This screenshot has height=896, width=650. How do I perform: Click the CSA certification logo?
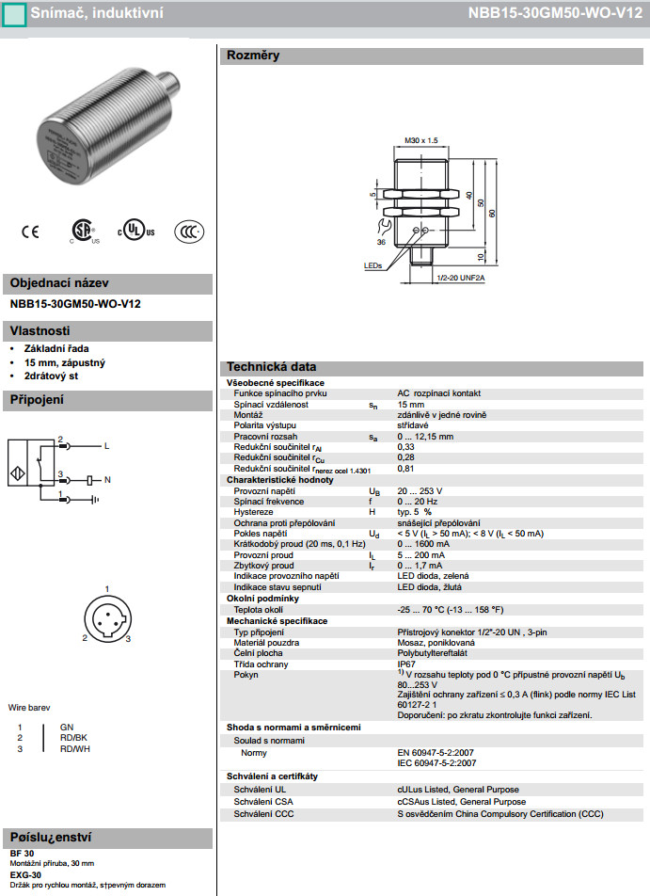click(x=83, y=232)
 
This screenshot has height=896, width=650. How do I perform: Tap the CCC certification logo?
click(x=189, y=232)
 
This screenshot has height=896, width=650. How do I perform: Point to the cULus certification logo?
click(x=135, y=232)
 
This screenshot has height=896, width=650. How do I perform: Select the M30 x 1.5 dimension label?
click(x=421, y=140)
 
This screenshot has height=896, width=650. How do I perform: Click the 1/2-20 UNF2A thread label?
click(x=460, y=279)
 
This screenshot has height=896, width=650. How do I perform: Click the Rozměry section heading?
click(x=253, y=56)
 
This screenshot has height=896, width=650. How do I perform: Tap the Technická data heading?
click(x=271, y=367)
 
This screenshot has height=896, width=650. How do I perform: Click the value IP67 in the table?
click(x=407, y=664)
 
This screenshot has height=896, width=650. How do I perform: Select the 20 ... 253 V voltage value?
click(x=420, y=491)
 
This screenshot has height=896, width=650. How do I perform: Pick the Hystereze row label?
click(x=253, y=512)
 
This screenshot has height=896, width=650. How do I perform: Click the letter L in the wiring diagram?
click(x=106, y=445)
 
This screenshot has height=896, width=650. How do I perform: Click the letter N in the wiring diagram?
click(x=107, y=480)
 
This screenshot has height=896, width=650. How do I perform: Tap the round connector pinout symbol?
click(x=106, y=621)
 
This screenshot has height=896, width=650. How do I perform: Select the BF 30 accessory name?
click(x=22, y=853)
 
